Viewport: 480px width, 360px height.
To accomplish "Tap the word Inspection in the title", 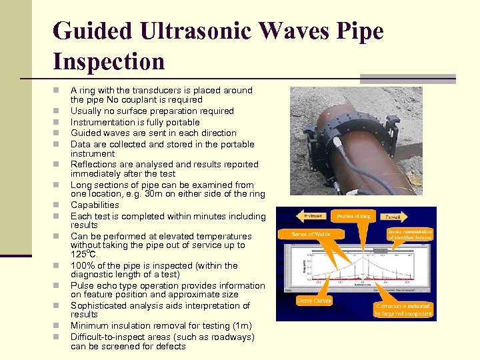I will click(x=109, y=61).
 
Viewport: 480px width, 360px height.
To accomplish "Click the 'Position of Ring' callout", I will click(x=353, y=216).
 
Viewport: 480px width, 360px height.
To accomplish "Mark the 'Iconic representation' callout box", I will click(x=410, y=235).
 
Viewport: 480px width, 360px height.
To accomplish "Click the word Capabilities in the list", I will click(x=95, y=205).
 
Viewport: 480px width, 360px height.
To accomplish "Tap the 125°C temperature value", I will click(x=84, y=255).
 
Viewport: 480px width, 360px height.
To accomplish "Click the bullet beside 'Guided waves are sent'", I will click(x=58, y=133).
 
